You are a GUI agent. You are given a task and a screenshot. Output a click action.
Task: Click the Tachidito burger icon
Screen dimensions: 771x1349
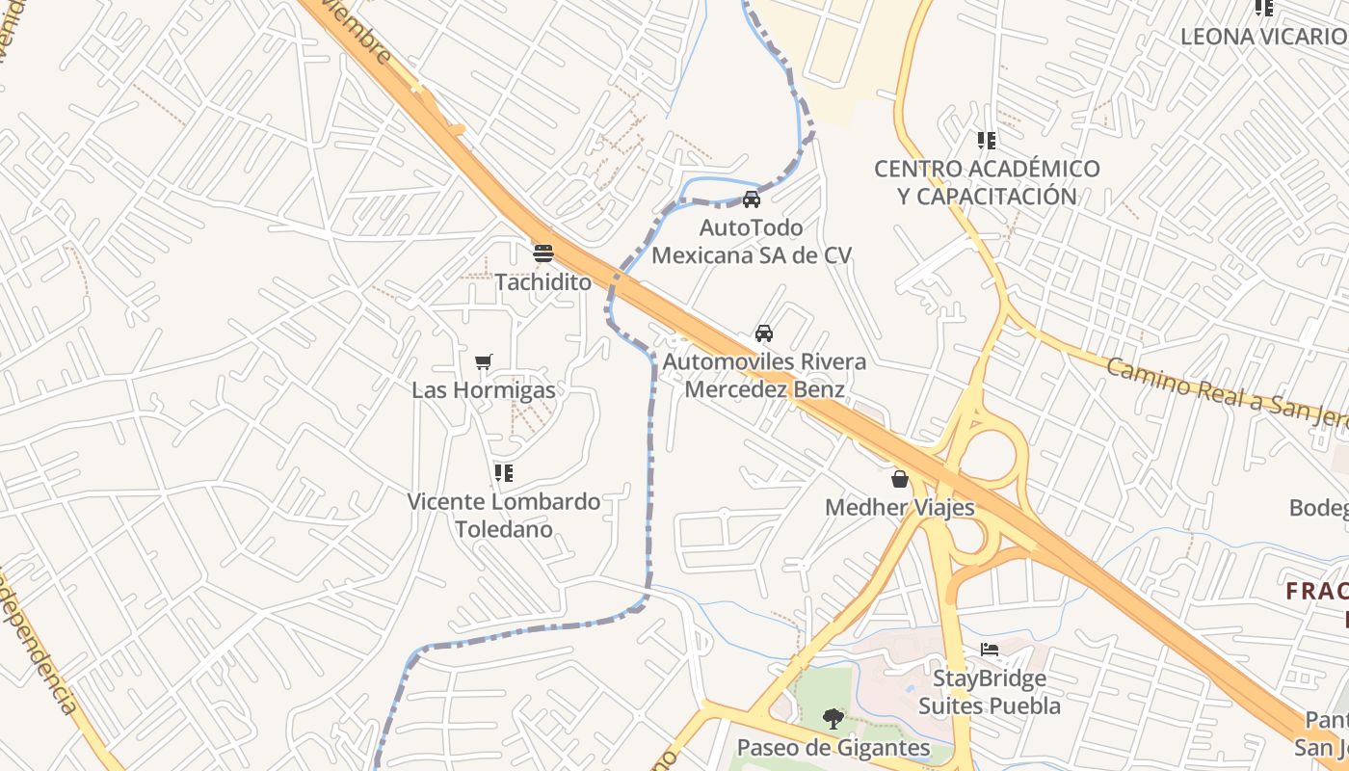tap(543, 253)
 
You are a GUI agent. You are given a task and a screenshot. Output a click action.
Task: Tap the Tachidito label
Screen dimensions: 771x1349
tap(543, 282)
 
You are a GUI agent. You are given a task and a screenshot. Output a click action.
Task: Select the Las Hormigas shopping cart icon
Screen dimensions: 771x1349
tap(484, 362)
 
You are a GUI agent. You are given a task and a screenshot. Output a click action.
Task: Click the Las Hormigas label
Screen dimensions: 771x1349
tap(484, 390)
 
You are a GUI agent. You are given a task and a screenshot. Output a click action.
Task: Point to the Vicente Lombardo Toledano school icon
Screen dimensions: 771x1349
tap(503, 473)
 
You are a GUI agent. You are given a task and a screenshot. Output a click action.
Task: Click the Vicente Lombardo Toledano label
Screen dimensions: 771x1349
tap(504, 516)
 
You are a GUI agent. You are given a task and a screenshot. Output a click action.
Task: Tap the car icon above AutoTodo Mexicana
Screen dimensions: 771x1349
tap(752, 199)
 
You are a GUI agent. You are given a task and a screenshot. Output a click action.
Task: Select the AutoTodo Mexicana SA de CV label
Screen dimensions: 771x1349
tap(752, 242)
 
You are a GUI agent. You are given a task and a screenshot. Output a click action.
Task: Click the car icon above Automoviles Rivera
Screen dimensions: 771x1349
tap(764, 333)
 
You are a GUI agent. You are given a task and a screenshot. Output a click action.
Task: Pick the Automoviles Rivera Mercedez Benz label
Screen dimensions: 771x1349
tap(764, 376)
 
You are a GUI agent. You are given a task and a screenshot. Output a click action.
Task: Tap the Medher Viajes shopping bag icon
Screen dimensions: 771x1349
tap(900, 479)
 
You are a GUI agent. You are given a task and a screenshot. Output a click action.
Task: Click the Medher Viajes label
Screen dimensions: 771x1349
tap(900, 507)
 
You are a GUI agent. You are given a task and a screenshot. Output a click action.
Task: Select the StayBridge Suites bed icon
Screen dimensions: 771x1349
tap(990, 650)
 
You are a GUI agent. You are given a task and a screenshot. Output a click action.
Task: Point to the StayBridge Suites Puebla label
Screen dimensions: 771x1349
tap(990, 692)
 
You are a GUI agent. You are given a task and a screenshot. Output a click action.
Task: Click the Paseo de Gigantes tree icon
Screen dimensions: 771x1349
tap(833, 718)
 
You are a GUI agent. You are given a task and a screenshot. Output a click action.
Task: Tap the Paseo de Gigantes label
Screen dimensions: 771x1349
tap(833, 747)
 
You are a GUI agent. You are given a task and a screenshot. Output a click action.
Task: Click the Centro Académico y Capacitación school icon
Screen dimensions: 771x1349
tap(987, 141)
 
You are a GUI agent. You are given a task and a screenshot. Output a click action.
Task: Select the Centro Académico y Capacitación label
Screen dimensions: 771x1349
tap(987, 182)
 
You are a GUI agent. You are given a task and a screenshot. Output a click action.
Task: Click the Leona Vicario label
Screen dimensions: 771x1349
tap(1263, 37)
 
